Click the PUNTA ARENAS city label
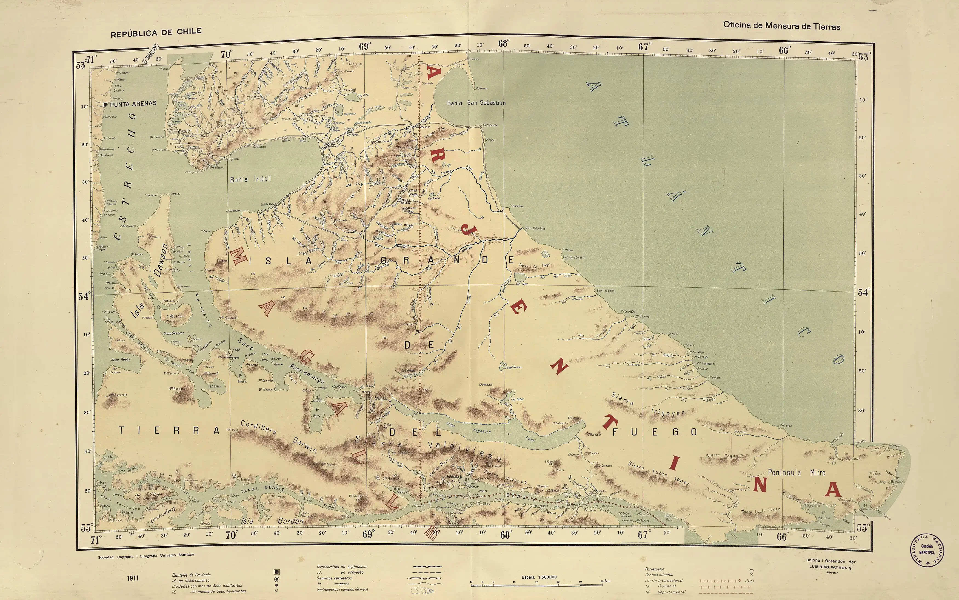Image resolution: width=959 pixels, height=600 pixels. click(133, 104)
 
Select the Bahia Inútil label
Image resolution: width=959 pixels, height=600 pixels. click(250, 179)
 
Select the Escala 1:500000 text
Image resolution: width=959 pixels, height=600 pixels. click(539, 577)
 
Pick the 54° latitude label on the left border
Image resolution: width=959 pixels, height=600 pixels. click(84, 296)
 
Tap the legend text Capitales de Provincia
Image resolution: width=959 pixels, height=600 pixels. click(191, 575)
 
